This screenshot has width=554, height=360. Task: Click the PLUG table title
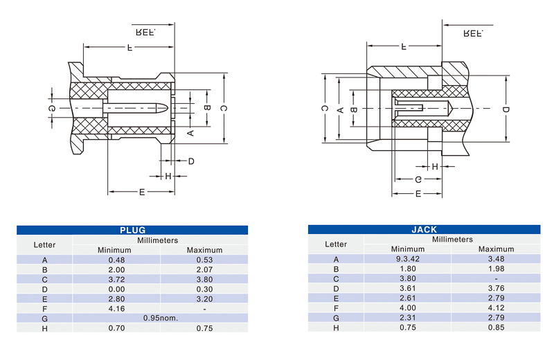[132, 231]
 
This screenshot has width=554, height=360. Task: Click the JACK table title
[424, 230]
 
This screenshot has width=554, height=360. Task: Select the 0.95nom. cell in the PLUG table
[161, 318]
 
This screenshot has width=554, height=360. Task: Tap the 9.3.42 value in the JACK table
[408, 259]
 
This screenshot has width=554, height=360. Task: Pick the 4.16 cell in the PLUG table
[116, 309]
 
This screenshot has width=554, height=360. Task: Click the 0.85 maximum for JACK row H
[496, 327]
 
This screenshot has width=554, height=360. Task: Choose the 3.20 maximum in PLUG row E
[204, 299]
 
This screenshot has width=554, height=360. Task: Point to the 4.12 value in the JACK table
[496, 308]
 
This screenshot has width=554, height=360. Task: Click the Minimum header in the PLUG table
[114, 250]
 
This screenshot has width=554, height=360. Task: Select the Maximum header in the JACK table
[496, 249]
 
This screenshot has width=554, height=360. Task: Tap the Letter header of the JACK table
[336, 244]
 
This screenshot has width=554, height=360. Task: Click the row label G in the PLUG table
[44, 318]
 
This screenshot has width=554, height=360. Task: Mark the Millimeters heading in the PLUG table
[158, 240]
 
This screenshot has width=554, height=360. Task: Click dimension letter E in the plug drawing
[142, 192]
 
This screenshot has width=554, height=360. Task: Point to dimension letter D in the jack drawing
[506, 109]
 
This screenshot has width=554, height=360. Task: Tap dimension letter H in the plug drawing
[168, 176]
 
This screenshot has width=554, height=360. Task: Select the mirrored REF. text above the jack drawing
[473, 33]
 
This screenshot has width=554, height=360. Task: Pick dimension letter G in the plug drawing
[51, 108]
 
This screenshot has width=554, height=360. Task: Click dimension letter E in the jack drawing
[418, 194]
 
